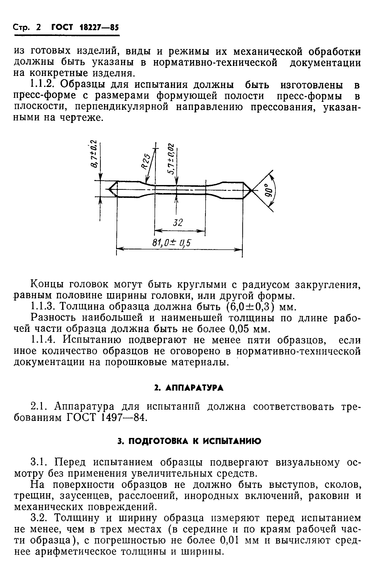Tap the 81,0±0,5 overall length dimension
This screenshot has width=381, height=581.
[x=172, y=243]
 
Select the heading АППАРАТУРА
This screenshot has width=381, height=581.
[x=195, y=388]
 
